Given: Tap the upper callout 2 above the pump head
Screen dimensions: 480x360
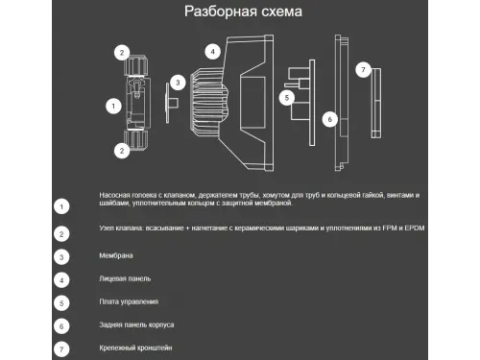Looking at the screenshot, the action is click(122, 52).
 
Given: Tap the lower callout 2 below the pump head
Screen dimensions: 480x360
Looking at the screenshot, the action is click(122, 150).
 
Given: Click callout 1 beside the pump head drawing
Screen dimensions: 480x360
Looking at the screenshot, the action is click(113, 104).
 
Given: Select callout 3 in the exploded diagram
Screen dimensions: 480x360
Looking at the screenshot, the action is click(177, 83).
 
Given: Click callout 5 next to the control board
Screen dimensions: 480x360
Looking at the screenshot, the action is click(286, 97).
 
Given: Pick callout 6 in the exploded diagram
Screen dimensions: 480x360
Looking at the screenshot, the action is click(328, 120).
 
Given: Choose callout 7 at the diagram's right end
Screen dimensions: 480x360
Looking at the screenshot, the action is click(363, 69).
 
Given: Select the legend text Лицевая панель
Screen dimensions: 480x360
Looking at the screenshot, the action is click(125, 279).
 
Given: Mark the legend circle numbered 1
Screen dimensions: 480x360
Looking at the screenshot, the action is click(61, 205).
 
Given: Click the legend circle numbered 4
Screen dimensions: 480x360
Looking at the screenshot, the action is click(61, 279).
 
